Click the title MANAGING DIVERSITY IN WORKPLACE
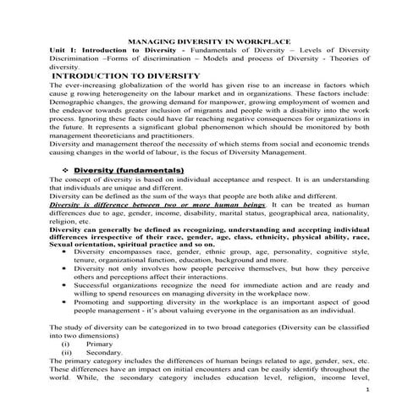209,41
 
